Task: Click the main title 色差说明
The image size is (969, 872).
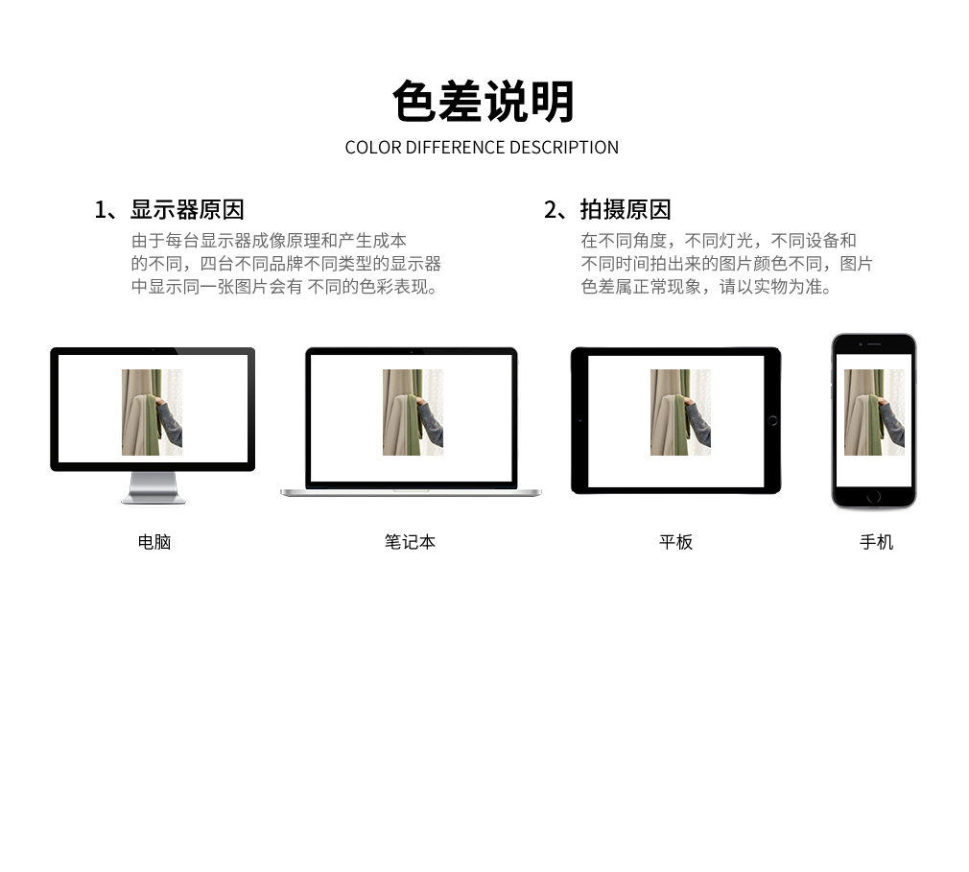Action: click(x=484, y=102)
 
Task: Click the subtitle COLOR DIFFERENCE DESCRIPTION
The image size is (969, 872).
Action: click(x=482, y=148)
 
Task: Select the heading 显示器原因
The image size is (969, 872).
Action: click(x=187, y=209)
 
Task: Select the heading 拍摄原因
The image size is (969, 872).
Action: click(x=626, y=209)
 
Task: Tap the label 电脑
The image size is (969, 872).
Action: click(x=154, y=542)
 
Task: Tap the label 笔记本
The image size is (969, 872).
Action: click(x=410, y=542)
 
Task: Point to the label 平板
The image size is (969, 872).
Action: click(x=675, y=542)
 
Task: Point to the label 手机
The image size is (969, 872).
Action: click(x=876, y=542)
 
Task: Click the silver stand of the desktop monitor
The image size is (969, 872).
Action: click(x=154, y=488)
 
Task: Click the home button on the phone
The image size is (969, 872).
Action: click(x=874, y=496)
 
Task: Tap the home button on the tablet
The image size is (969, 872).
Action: click(x=772, y=420)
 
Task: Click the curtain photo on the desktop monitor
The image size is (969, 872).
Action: click(x=152, y=412)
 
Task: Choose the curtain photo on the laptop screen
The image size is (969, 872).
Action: click(x=413, y=412)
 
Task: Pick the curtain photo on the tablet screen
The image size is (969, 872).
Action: click(x=680, y=412)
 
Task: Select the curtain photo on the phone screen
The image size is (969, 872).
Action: click(x=874, y=412)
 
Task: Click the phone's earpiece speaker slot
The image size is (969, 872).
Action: click(x=874, y=343)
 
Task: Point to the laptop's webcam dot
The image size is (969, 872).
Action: click(x=412, y=352)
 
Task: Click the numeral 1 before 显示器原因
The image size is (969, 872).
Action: click(x=100, y=210)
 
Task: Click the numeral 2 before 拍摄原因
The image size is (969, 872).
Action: click(x=551, y=210)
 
